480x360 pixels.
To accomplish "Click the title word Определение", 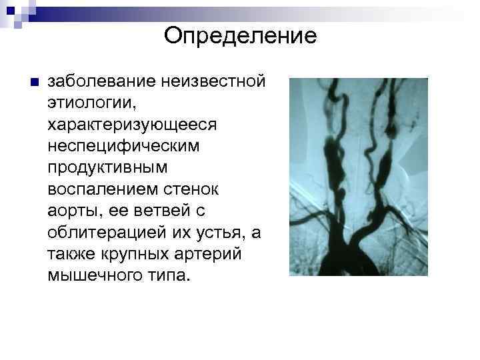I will point(240,35).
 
